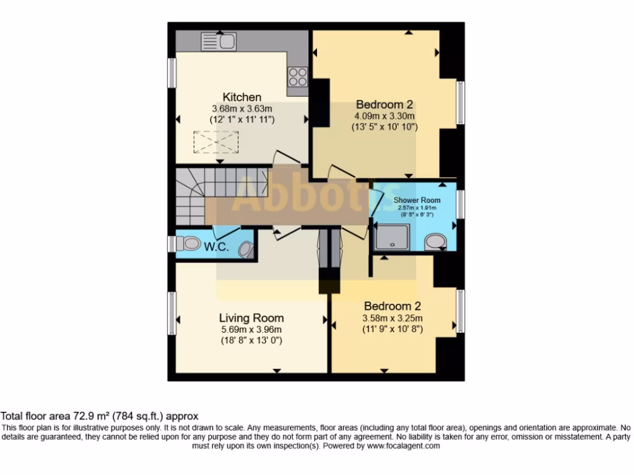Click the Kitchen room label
click(x=242, y=97)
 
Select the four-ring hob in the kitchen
click(x=297, y=76)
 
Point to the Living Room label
click(x=251, y=318)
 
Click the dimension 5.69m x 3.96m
click(x=251, y=330)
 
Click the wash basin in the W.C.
click(x=246, y=249)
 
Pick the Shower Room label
click(x=417, y=200)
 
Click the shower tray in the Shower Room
click(x=391, y=237)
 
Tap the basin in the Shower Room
click(x=437, y=242)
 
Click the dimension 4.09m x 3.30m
click(x=384, y=116)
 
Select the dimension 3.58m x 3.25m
click(x=393, y=319)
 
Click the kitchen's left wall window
click(x=172, y=72)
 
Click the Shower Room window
click(x=460, y=203)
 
